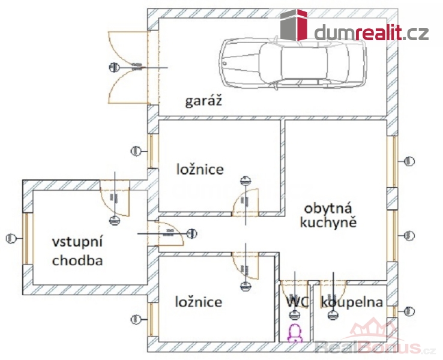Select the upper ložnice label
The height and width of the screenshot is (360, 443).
point(200,169)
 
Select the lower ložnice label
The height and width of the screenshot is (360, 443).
point(199,301)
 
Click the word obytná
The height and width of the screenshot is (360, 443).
point(330,210)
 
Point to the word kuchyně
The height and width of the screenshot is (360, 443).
point(330,223)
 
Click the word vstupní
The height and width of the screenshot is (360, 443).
point(79,242)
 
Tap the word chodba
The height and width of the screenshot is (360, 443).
point(77,260)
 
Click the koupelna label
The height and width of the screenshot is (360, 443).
point(352,302)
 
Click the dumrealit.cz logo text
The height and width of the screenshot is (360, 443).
point(372,33)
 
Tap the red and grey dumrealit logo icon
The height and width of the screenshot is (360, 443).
point(295,25)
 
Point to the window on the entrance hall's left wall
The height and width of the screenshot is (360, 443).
point(26,239)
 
